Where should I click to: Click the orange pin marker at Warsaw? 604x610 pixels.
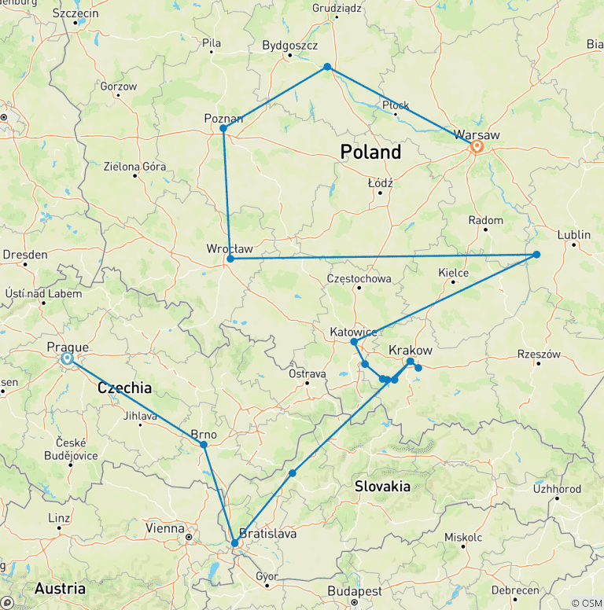coord(477,146)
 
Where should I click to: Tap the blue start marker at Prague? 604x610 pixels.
coord(67,358)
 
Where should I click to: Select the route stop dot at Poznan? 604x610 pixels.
coord(223,128)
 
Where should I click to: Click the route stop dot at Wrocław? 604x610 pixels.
coord(230,259)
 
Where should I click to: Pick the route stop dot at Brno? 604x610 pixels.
coord(204,445)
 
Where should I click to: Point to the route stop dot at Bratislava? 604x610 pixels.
coord(234,543)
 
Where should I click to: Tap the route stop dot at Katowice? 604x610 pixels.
coord(354,342)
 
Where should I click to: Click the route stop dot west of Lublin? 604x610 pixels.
coord(536,254)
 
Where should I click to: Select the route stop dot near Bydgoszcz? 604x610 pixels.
coord(327,67)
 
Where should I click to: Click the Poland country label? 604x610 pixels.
coord(370,152)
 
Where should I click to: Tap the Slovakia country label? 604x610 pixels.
coord(382,486)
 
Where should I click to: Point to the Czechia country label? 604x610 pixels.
coord(124,388)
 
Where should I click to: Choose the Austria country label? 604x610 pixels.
coord(60,588)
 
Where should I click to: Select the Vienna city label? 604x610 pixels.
coord(164,528)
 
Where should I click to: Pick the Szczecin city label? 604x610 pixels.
coord(75,13)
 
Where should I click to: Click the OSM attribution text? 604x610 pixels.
coord(587,603)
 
